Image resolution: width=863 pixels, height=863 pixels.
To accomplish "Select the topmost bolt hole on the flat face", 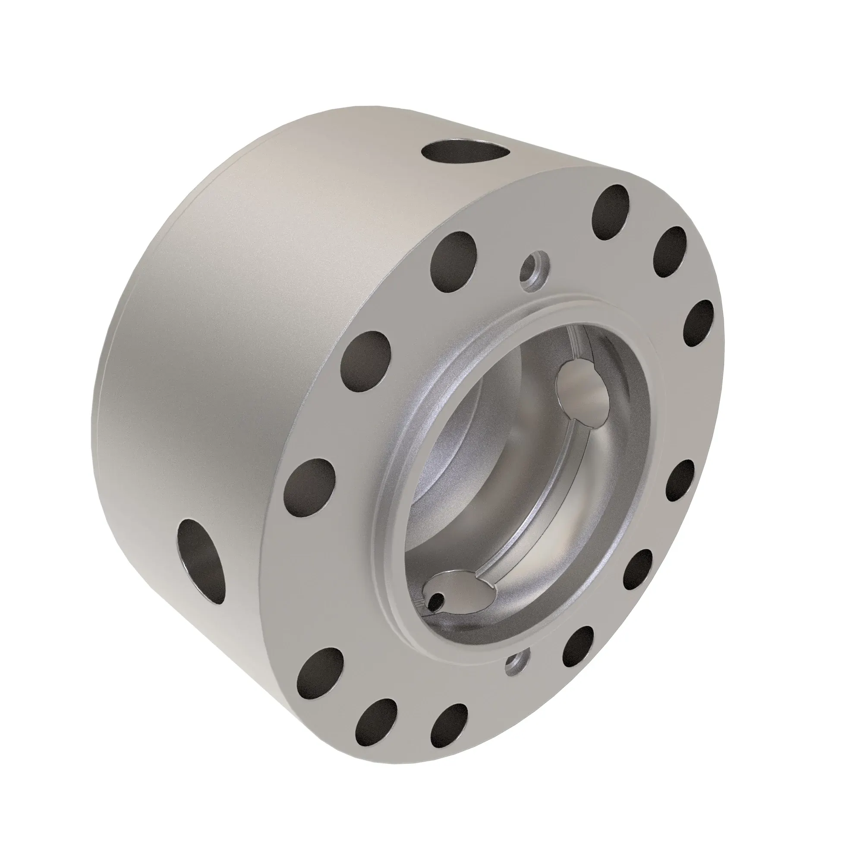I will pyautogui.click(x=610, y=212).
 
